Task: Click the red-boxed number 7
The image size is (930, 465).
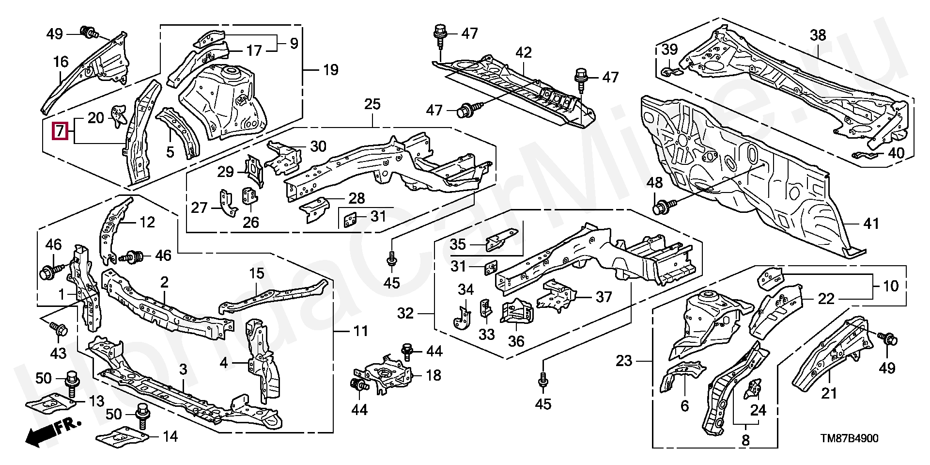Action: pos(60,130)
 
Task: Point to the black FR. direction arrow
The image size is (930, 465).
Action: pos(51,433)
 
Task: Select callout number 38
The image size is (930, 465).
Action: pos(818,35)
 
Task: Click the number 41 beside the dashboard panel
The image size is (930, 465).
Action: pos(870,224)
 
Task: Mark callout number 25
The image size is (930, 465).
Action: pos(372,104)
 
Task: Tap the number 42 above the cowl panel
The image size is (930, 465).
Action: pos(524,53)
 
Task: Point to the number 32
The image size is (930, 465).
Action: pos(406,314)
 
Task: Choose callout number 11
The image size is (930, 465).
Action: pos(360,332)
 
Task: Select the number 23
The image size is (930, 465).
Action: pos(624,361)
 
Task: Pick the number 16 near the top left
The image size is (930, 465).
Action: pos(61,62)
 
